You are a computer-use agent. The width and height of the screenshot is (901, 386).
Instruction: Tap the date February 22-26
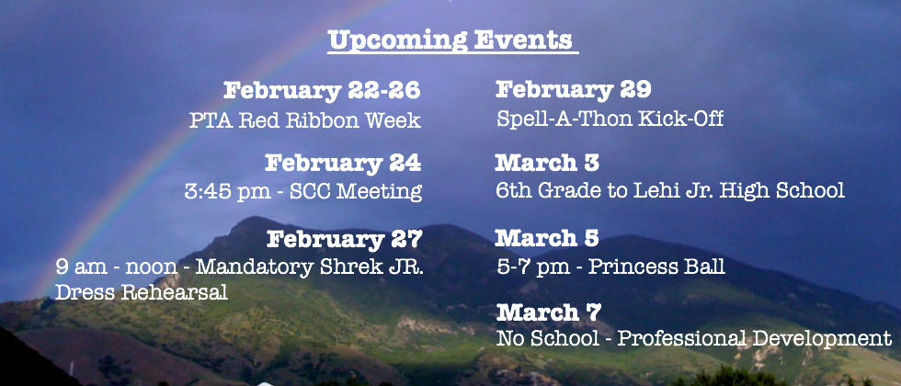coord(322,91)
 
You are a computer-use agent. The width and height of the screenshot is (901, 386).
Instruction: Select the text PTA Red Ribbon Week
coord(305,120)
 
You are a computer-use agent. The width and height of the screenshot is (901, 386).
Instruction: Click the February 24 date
coord(343,164)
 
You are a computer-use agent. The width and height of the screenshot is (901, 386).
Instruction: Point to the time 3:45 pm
coord(228,191)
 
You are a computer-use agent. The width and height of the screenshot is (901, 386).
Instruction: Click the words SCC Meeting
coord(356,191)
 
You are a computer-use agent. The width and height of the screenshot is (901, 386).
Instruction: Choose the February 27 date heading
coord(345,239)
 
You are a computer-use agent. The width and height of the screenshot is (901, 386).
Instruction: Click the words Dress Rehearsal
coord(142,292)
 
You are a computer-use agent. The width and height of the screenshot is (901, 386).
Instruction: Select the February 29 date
coord(573,90)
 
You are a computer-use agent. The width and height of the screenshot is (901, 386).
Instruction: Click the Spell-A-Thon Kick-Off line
coord(610,119)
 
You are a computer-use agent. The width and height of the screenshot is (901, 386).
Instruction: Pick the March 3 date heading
coord(546,164)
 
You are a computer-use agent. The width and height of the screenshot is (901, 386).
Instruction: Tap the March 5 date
coord(546,238)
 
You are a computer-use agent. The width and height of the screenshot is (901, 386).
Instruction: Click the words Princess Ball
coord(656,267)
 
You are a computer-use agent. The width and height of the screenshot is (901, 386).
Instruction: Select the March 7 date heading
coord(548,312)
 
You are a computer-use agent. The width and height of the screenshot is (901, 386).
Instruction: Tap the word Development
coord(822,339)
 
